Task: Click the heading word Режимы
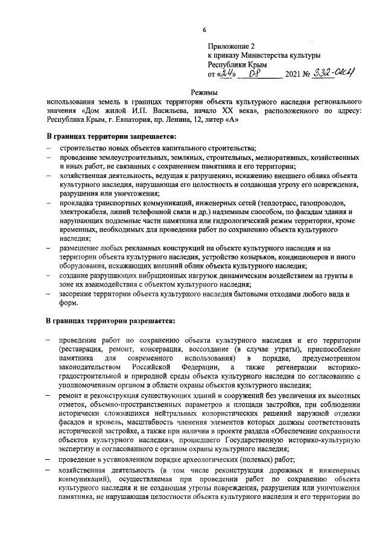[203, 92]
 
